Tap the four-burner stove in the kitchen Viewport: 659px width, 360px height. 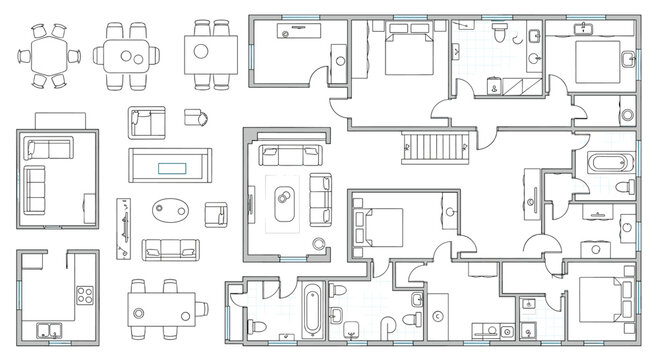coord(84,296)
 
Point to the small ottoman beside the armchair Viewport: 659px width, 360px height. coord(191,118)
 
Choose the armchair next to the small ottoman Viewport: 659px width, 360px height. coord(146,122)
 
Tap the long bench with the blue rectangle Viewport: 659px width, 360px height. coord(169,164)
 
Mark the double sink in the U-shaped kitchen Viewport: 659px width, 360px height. coord(47,329)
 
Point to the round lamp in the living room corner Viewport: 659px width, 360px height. coord(319,243)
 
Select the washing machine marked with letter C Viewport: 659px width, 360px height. coord(438,317)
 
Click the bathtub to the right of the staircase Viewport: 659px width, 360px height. coord(608,162)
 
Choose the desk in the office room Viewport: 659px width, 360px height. coord(300,32)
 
